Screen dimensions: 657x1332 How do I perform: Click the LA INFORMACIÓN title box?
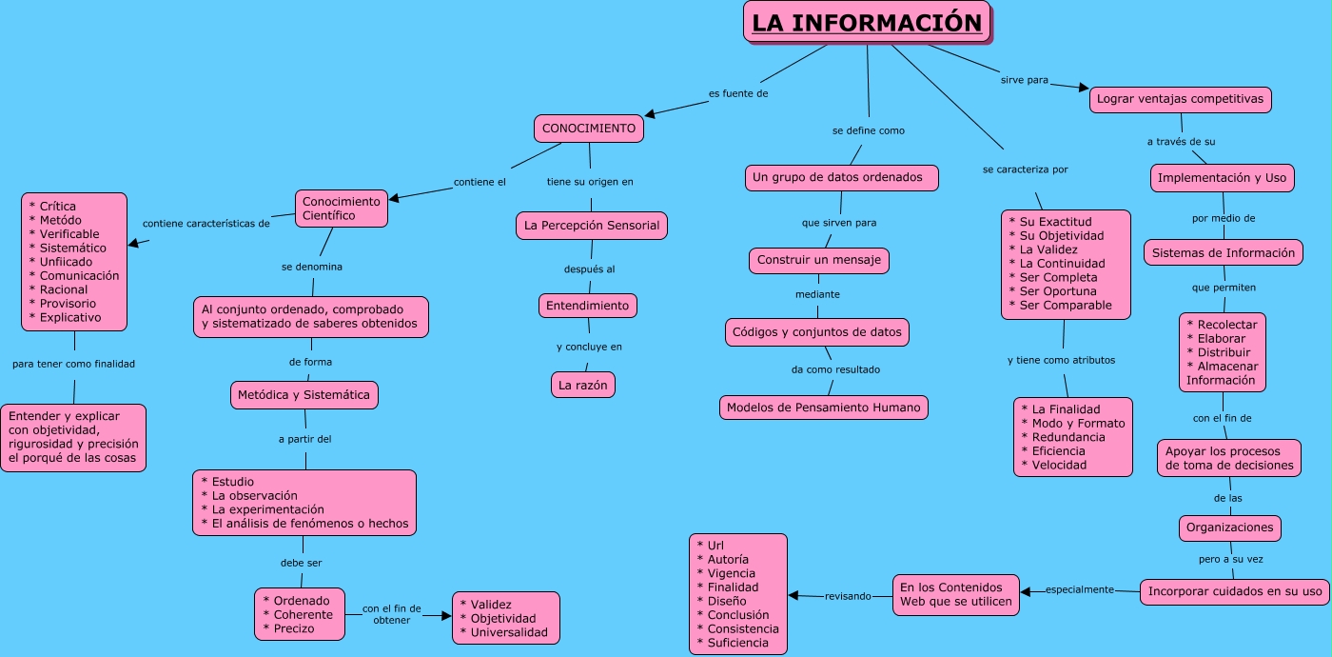[x=867, y=22]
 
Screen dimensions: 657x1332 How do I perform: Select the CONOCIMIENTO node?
[x=587, y=129]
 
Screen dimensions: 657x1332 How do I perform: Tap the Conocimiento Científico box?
[x=341, y=209]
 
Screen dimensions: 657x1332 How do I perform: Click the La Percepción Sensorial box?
[x=592, y=226]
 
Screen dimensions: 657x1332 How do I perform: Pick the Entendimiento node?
[x=587, y=306]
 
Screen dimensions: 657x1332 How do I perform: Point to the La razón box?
[x=583, y=385]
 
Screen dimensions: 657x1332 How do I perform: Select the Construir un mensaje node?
[x=818, y=259]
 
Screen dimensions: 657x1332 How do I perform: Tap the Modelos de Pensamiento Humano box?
[x=823, y=408]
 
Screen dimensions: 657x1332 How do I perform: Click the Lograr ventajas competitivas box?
[x=1180, y=99]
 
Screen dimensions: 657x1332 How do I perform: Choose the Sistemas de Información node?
[x=1223, y=252]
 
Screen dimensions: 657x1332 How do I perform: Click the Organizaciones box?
[x=1229, y=528]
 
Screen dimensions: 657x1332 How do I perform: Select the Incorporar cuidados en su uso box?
[x=1234, y=591]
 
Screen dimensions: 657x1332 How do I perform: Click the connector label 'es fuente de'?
[x=737, y=93]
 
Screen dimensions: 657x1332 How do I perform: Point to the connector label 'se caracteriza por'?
[x=1025, y=169]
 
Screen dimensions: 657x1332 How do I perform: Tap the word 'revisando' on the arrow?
[x=847, y=596]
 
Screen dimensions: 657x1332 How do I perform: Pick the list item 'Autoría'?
[x=728, y=560]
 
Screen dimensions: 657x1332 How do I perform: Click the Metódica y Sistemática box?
[x=304, y=394]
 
